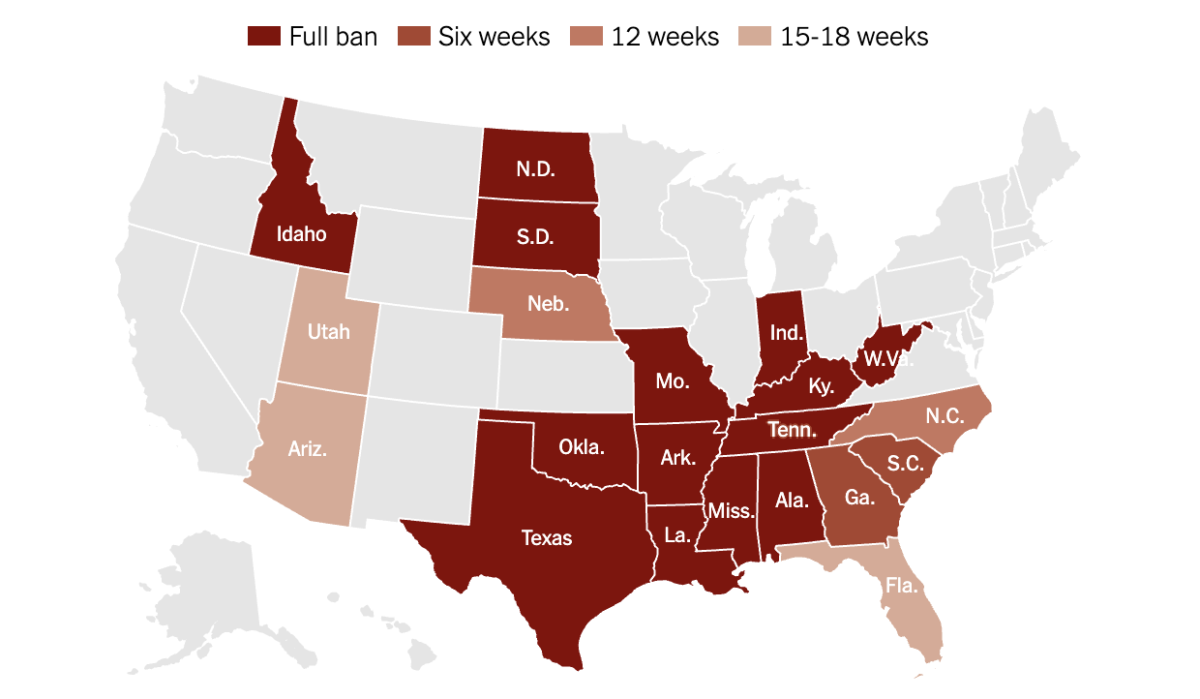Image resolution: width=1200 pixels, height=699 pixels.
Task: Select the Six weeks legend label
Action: [x=494, y=37]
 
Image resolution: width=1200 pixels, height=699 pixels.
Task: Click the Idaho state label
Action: [x=301, y=234]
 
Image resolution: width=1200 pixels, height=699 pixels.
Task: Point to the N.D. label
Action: [x=535, y=167]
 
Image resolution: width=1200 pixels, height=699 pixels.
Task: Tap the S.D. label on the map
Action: [x=534, y=236]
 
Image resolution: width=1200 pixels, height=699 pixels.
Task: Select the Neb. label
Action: [x=549, y=303]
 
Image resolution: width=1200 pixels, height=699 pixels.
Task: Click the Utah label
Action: [x=328, y=332]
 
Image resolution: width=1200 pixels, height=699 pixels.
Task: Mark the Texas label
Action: [x=547, y=537]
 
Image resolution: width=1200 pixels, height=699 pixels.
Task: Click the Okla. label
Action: [x=583, y=447]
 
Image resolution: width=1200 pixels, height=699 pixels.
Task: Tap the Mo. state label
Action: [x=672, y=380]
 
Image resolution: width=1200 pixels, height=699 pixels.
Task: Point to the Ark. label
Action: [x=678, y=457]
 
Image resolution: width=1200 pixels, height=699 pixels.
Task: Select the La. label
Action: [x=677, y=534]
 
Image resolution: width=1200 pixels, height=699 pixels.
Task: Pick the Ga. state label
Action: [x=857, y=498]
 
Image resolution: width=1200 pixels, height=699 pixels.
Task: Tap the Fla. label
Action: [x=900, y=586]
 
